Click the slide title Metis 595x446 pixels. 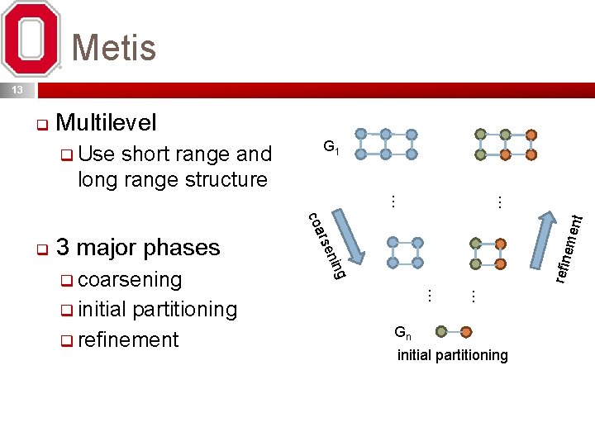[114, 47]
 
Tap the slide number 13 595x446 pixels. [17, 89]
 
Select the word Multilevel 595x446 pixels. [107, 124]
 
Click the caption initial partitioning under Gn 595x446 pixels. [452, 355]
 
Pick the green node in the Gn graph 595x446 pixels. [441, 332]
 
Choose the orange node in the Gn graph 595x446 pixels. [466, 332]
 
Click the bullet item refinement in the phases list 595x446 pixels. [128, 339]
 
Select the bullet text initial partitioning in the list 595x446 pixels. [157, 310]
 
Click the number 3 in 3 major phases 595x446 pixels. [63, 247]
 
